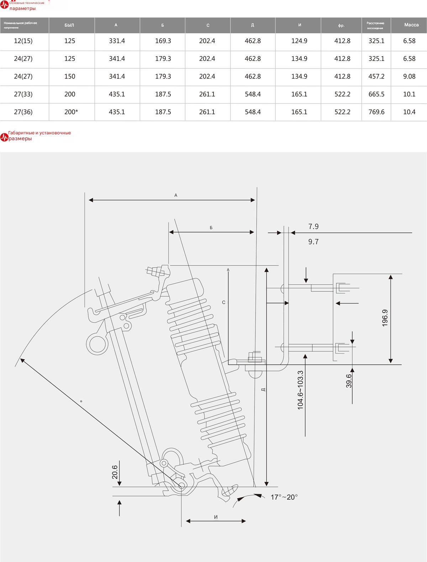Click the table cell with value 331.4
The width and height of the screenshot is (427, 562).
pyautogui.click(x=117, y=41)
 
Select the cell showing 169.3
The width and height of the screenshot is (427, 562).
pyautogui.click(x=163, y=41)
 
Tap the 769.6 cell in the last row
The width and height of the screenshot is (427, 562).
pyautogui.click(x=376, y=112)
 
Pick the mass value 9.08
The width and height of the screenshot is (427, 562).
pyautogui.click(x=409, y=76)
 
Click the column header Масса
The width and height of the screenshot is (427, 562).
pyautogui.click(x=411, y=25)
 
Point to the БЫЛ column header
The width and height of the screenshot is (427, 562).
pyautogui.click(x=69, y=25)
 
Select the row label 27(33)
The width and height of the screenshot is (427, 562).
pyautogui.click(x=23, y=94)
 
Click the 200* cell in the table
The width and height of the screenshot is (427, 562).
pyautogui.click(x=71, y=112)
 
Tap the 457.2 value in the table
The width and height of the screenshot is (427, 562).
pyautogui.click(x=376, y=76)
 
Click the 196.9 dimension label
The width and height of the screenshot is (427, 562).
pyautogui.click(x=385, y=318)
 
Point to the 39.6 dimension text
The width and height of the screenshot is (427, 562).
pyautogui.click(x=349, y=381)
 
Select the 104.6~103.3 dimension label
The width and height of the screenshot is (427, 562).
pyautogui.click(x=300, y=390)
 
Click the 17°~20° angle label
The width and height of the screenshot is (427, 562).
pyautogui.click(x=284, y=497)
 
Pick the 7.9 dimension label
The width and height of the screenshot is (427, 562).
pyautogui.click(x=313, y=226)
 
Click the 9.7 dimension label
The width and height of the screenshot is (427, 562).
pyautogui.click(x=313, y=242)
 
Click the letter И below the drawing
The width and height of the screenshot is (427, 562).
pyautogui.click(x=216, y=517)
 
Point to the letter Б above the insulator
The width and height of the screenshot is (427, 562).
pyautogui.click(x=211, y=228)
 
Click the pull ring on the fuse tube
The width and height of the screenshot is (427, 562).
pyautogui.click(x=97, y=344)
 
